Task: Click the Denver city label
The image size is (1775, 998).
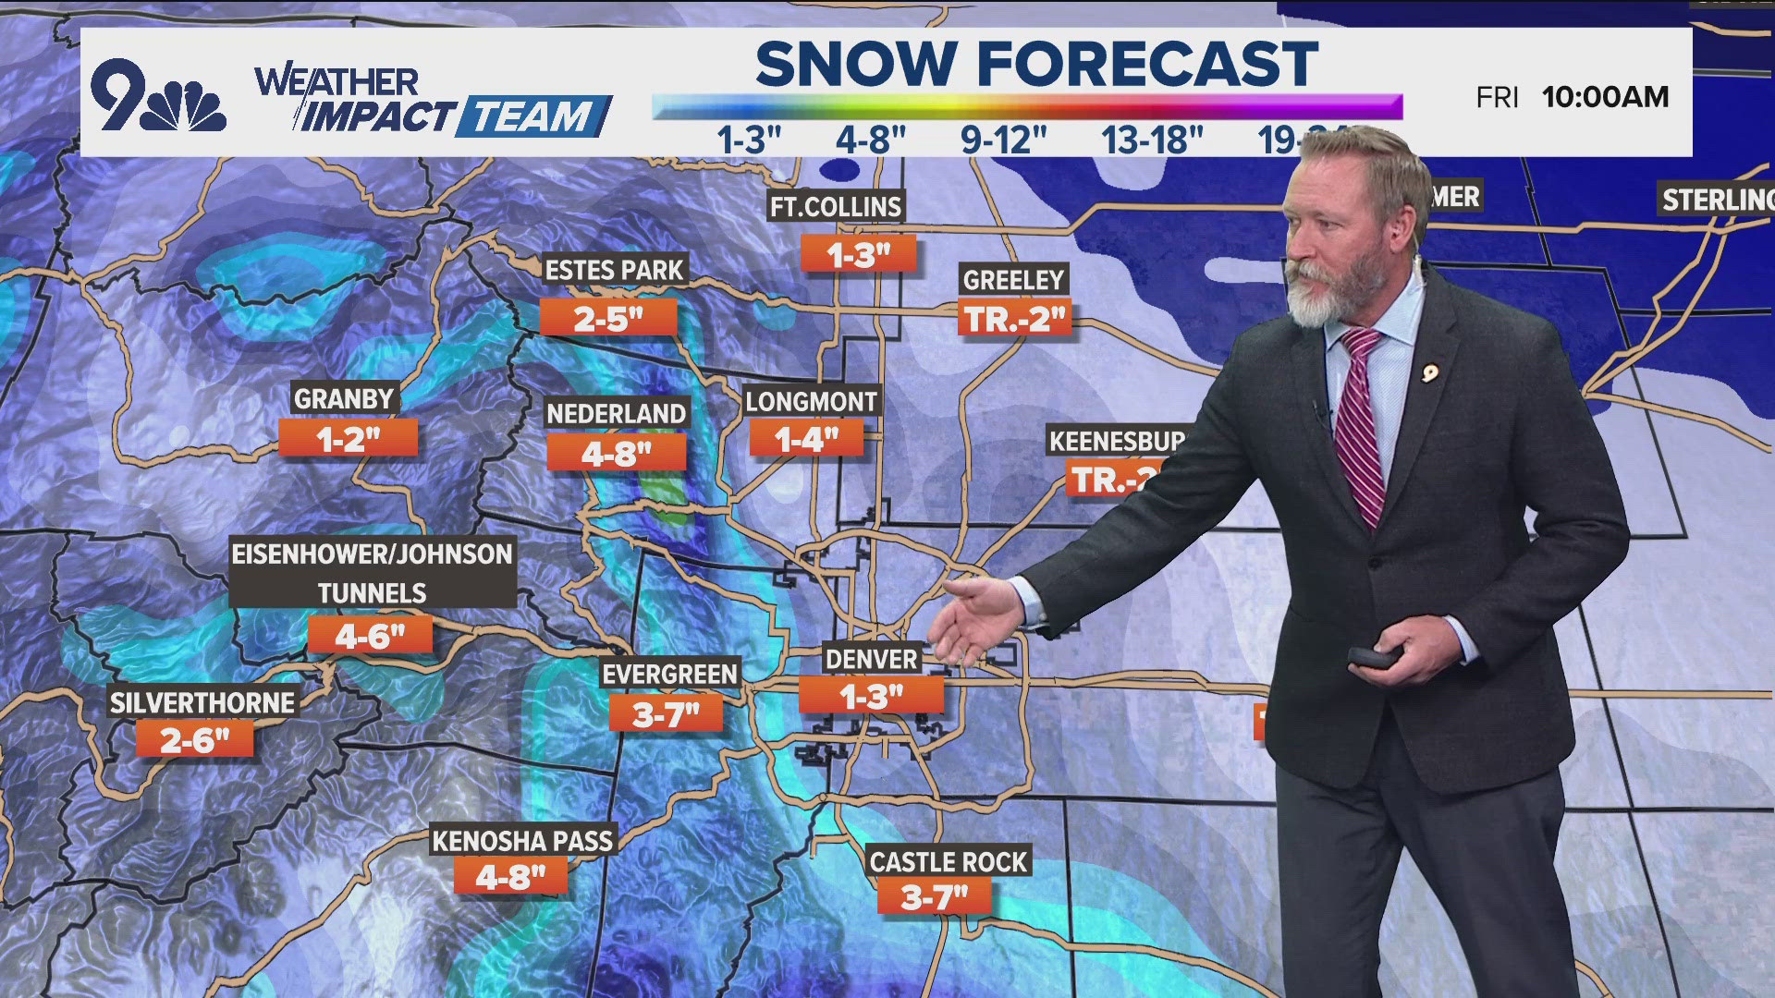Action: pos(871,659)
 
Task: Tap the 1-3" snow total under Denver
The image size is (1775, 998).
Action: pos(871,696)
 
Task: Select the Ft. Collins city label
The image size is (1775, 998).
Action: pos(836,206)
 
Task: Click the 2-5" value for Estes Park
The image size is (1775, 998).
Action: pos(608,319)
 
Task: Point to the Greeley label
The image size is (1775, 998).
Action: pos(1013,280)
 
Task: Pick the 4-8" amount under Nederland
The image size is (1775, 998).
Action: pos(616,453)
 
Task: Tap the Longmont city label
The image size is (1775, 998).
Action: pos(811,401)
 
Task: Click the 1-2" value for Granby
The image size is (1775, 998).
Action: pos(348,439)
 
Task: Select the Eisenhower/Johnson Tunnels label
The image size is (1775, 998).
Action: pos(372,573)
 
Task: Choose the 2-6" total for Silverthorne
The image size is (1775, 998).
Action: pos(194,739)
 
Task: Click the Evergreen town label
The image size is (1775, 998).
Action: pos(669,675)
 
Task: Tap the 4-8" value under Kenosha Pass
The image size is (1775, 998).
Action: pos(510,877)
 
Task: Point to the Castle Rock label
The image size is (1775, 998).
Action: pos(949,861)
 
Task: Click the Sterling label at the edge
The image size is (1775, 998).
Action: pos(1717,200)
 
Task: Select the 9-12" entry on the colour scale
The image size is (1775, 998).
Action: pos(1003,140)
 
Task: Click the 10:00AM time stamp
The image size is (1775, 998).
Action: pos(1605,97)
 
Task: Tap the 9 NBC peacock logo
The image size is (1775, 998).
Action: pos(158,96)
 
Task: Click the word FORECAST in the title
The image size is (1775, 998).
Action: pos(1147,65)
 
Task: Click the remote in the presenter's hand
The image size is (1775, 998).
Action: pos(1375,657)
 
